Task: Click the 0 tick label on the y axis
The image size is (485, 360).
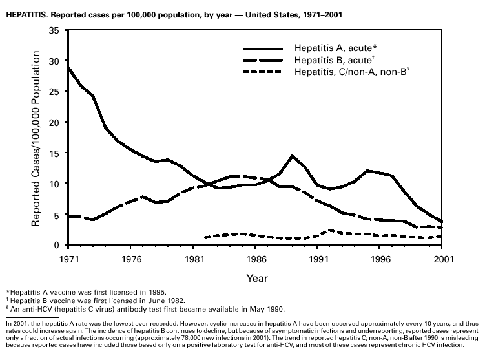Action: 57,245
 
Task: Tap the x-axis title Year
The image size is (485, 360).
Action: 254,278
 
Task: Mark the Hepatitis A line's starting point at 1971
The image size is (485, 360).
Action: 68,67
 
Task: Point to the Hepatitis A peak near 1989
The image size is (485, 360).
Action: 293,156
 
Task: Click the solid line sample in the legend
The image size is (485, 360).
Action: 263,49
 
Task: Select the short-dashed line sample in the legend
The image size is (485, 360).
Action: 263,72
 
